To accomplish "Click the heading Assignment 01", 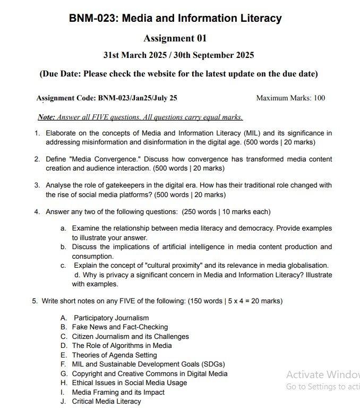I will click(x=175, y=38).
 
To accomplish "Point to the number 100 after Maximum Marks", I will click(x=319, y=98).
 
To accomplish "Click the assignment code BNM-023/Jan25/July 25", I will click(x=138, y=98).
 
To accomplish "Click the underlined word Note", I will click(x=46, y=117).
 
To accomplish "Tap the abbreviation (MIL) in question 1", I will click(x=252, y=133).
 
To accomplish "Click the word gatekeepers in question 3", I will click(x=128, y=185).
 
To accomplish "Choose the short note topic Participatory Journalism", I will click(x=111, y=318).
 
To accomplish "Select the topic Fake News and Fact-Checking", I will click(x=119, y=327).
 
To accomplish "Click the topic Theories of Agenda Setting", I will click(x=114, y=355).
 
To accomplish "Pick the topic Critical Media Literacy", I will click(x=106, y=402).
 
